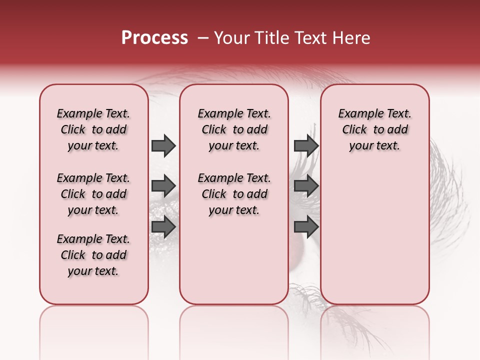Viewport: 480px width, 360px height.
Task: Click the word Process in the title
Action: (x=154, y=38)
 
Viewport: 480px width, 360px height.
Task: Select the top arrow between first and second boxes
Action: (x=163, y=146)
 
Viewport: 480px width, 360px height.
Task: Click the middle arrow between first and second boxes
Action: (x=163, y=186)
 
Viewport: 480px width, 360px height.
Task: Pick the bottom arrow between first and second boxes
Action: (x=163, y=227)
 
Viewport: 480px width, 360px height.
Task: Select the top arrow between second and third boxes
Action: (x=306, y=146)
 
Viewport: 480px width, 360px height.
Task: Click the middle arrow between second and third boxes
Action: (x=306, y=186)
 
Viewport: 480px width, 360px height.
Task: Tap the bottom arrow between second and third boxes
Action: (x=306, y=227)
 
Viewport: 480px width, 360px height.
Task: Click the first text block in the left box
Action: (x=93, y=129)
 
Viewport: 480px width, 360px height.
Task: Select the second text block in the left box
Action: (x=93, y=194)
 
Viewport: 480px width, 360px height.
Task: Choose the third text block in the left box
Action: (x=93, y=255)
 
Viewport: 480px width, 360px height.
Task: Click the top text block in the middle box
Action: (x=234, y=129)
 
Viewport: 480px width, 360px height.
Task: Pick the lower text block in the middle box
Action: (x=234, y=194)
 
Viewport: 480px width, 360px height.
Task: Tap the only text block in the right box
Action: (x=374, y=129)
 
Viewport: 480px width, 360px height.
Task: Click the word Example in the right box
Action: (x=357, y=114)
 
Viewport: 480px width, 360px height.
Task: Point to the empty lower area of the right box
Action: (x=374, y=230)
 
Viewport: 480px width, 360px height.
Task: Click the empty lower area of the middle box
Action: (x=234, y=260)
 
